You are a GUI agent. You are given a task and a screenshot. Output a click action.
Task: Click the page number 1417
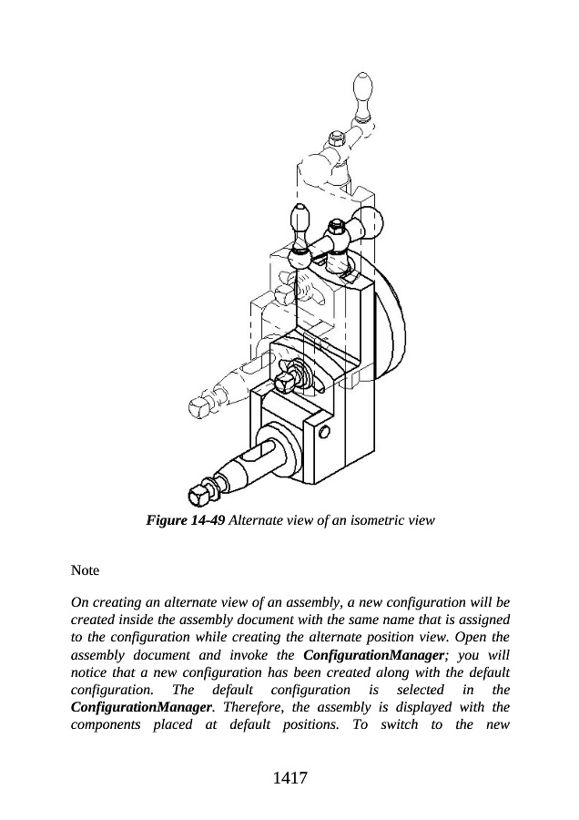point(289,778)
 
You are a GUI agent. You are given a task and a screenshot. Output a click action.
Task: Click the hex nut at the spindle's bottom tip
point(198,496)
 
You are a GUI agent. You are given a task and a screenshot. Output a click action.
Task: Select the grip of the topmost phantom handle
point(362,95)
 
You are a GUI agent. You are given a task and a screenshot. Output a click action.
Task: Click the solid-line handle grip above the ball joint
point(300,221)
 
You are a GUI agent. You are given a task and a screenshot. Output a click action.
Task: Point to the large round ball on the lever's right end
point(371,220)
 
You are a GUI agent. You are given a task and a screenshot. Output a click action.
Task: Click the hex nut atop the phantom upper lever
point(333,138)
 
